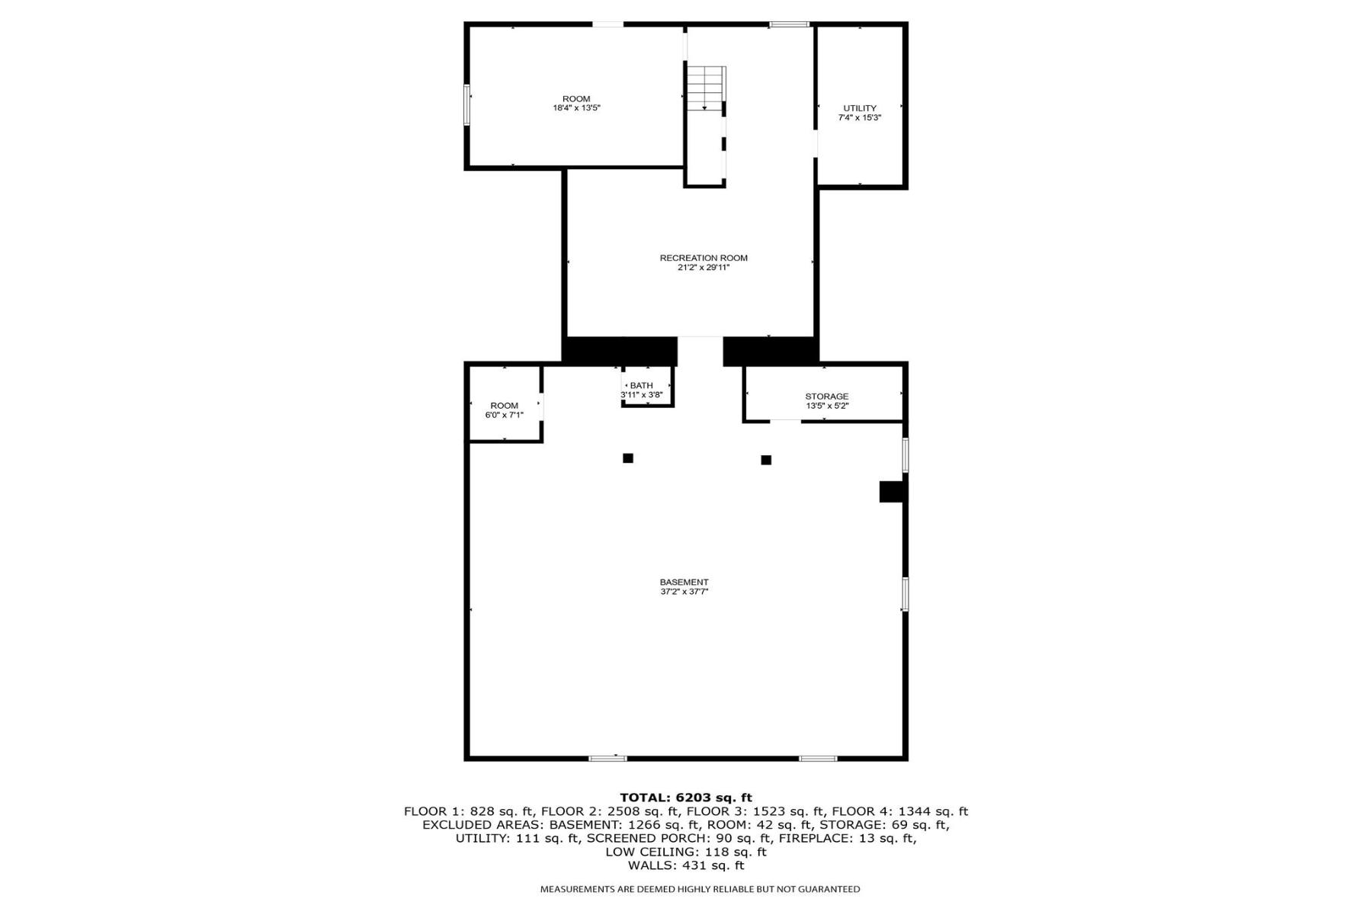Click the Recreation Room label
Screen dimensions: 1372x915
(x=704, y=258)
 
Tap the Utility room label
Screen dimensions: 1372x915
(x=860, y=108)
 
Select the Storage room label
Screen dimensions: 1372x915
(x=827, y=396)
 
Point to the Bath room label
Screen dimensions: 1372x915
(x=642, y=386)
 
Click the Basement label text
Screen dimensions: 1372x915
(x=684, y=583)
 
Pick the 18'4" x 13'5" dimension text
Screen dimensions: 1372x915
(x=577, y=108)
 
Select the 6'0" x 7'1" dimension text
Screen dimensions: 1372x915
(x=505, y=415)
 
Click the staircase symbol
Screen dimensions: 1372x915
(x=706, y=88)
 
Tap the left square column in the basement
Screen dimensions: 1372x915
(x=628, y=458)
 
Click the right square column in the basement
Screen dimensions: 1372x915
(x=766, y=460)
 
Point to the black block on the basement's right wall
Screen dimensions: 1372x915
(x=893, y=492)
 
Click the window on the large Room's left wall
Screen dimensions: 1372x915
(x=466, y=104)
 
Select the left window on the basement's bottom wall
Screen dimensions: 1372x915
(x=607, y=758)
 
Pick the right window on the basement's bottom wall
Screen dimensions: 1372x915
(x=818, y=758)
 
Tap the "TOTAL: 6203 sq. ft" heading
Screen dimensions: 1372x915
(x=686, y=798)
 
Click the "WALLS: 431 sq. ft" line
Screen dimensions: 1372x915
(x=686, y=865)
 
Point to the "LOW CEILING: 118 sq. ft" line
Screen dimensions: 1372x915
(x=686, y=852)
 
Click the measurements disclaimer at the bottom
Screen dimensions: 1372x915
(x=700, y=889)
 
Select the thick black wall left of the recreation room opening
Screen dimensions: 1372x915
(x=620, y=351)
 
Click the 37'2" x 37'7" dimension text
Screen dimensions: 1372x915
(x=684, y=592)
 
